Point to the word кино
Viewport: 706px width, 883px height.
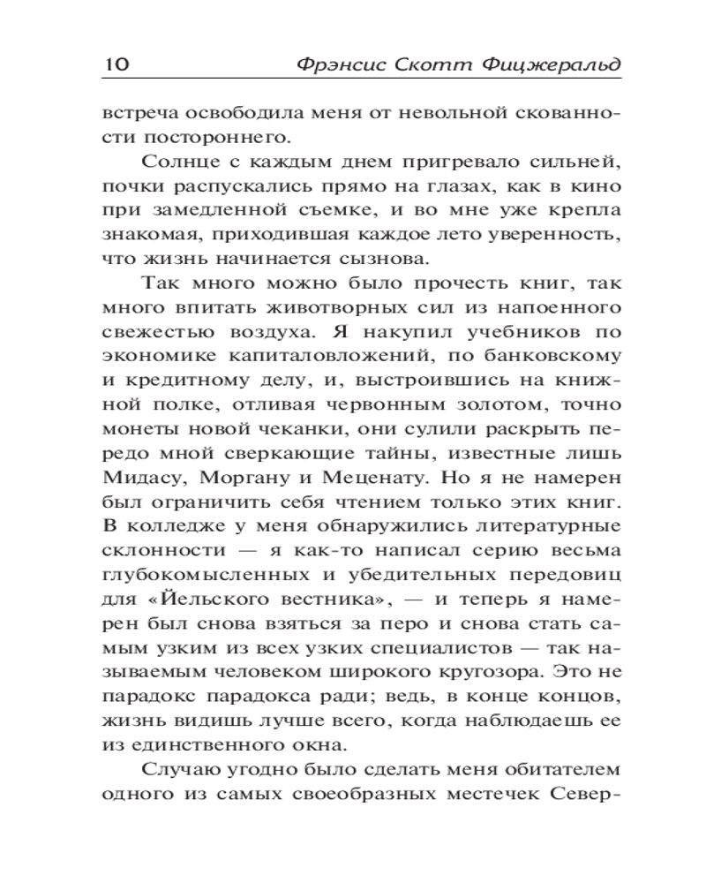[x=597, y=188]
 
